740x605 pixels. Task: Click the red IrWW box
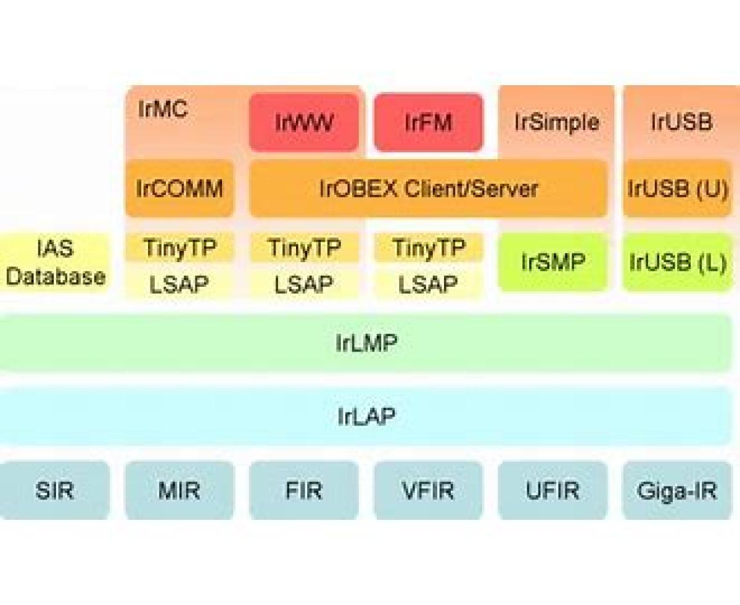pos(303,122)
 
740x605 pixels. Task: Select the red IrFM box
pos(428,122)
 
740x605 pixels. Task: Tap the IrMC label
pos(163,112)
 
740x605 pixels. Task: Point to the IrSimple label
pos(556,122)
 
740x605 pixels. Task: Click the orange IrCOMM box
pos(179,189)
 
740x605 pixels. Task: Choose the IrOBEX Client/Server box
pos(428,189)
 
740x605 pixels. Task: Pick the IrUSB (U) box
pos(677,189)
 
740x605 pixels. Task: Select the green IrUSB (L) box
pos(677,262)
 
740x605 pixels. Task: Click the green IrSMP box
pos(553,262)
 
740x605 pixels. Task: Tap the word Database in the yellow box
pos(55,276)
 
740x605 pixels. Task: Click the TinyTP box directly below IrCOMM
pos(179,248)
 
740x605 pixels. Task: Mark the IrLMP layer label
pos(366,343)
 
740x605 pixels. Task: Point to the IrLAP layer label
pos(366,417)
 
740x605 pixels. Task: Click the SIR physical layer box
pos(55,491)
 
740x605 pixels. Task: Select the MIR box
pos(179,491)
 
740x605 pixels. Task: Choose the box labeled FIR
pos(303,491)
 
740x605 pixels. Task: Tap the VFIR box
pos(428,491)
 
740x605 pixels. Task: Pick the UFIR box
pos(553,491)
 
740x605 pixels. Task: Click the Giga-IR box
pos(677,491)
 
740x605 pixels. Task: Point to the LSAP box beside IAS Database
pos(179,284)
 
